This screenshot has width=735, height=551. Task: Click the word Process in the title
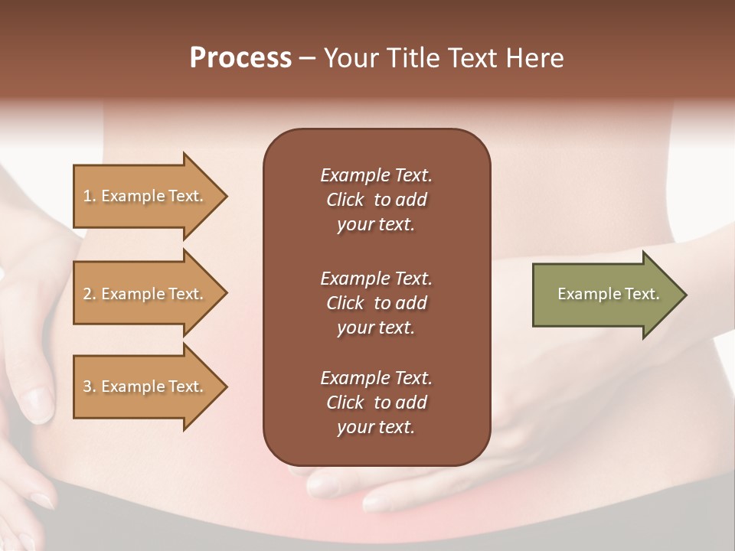[x=240, y=58]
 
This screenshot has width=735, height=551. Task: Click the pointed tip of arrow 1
[x=224, y=196]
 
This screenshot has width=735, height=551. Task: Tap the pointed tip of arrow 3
[x=224, y=386]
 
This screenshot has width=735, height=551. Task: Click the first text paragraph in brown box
[x=376, y=200]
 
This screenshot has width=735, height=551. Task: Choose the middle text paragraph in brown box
[x=376, y=303]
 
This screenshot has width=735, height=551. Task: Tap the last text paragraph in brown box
[x=376, y=403]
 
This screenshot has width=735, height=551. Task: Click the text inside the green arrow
[x=608, y=294]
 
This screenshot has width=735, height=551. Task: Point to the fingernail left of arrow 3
[x=37, y=403]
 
